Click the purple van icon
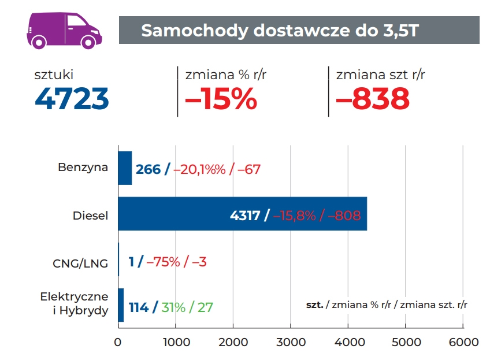point(64,30)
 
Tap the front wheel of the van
point(89,42)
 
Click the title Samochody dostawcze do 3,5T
point(279,31)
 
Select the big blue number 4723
point(72,99)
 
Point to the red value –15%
point(220,99)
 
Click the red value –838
point(373,99)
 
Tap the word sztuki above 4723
point(54,75)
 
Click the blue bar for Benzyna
point(125,168)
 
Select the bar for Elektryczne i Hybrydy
point(121,305)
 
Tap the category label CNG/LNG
point(80,264)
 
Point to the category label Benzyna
point(83,168)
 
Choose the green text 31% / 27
point(187,307)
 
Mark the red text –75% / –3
point(176,262)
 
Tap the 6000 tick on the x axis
point(463,342)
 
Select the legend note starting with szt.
point(387,304)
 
